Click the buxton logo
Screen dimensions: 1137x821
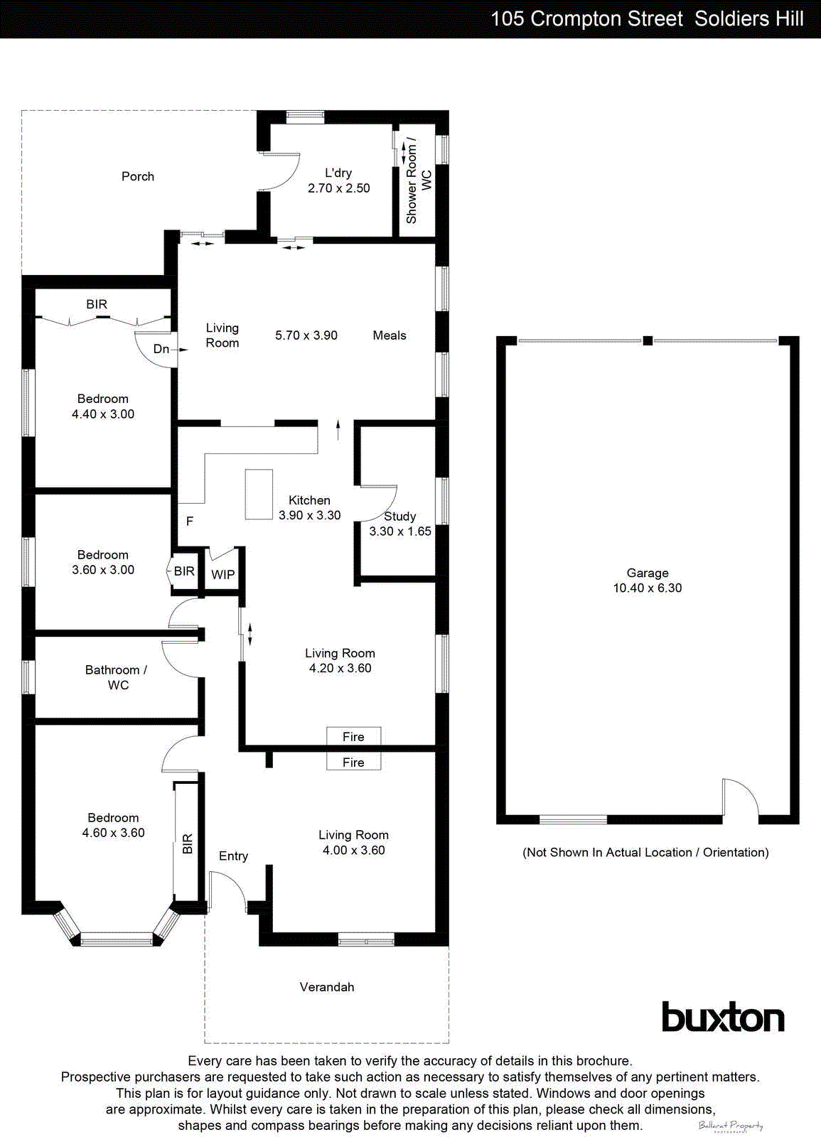coord(723,1018)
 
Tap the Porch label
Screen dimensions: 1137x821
coord(138,176)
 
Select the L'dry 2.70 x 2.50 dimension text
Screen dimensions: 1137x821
coord(338,188)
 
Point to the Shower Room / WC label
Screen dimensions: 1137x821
coord(418,180)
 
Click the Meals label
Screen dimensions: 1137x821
coord(390,335)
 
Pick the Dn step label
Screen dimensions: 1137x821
coord(162,349)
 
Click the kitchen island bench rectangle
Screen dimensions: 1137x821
coord(259,494)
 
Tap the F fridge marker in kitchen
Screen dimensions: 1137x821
coord(190,522)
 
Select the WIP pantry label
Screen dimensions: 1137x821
coord(222,575)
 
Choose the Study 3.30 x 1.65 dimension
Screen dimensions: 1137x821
coord(399,532)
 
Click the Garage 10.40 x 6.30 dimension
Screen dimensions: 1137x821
coord(647,588)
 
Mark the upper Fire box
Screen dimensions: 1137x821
coord(353,737)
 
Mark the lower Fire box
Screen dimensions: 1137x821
coord(353,763)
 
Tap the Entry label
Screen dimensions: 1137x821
coord(233,856)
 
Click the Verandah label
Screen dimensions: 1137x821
coord(326,987)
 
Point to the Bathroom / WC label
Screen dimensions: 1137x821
coord(117,677)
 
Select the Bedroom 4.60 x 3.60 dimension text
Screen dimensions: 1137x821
coord(113,833)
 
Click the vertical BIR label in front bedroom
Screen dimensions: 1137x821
coord(188,844)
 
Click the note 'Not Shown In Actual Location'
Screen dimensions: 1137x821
coord(645,852)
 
